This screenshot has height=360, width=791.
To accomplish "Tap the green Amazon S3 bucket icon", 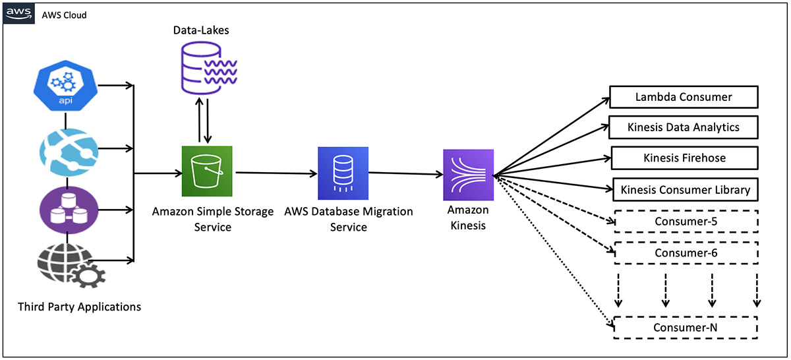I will (x=208, y=171).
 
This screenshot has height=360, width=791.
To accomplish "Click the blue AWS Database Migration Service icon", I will (x=343, y=173).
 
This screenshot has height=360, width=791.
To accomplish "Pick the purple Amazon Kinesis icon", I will (x=468, y=175).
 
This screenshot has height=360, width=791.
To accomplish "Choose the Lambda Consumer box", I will (x=684, y=98).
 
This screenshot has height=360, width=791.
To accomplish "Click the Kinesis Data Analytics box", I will (x=684, y=127).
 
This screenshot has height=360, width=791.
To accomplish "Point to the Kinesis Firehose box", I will (x=685, y=158).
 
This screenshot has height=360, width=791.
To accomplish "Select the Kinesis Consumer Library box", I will (x=686, y=190).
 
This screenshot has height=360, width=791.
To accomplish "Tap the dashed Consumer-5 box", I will (x=686, y=222).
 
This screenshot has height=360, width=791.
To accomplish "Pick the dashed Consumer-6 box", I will (x=686, y=253).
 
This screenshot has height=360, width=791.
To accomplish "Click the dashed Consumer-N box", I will (x=686, y=328).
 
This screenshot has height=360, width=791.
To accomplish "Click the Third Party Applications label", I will (x=79, y=307).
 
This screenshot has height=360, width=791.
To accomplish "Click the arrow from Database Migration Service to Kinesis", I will (x=405, y=174).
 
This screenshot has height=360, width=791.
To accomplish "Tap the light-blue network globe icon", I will (x=65, y=150).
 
